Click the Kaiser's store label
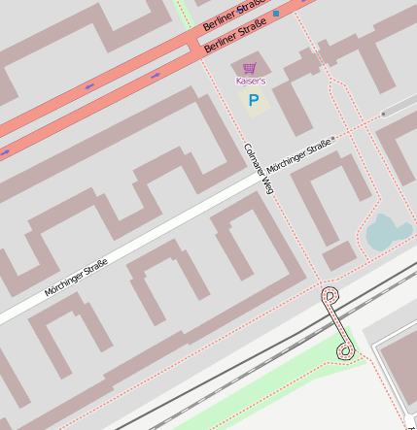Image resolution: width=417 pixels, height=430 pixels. click(250, 81)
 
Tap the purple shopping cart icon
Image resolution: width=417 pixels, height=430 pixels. click(250, 68)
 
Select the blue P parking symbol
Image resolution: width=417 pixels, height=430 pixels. click(254, 99)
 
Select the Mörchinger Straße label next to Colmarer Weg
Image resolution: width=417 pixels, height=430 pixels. click(299, 156)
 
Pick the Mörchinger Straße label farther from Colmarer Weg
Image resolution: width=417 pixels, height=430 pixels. click(76, 277)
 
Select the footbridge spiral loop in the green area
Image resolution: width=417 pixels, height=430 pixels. click(345, 349)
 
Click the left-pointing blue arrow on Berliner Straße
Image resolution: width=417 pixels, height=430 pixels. click(89, 86)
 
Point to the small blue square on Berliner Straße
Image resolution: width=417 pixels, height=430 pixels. click(276, 14)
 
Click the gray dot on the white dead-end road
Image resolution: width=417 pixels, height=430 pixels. click(382, 115)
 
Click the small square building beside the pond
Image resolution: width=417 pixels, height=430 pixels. click(338, 256)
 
